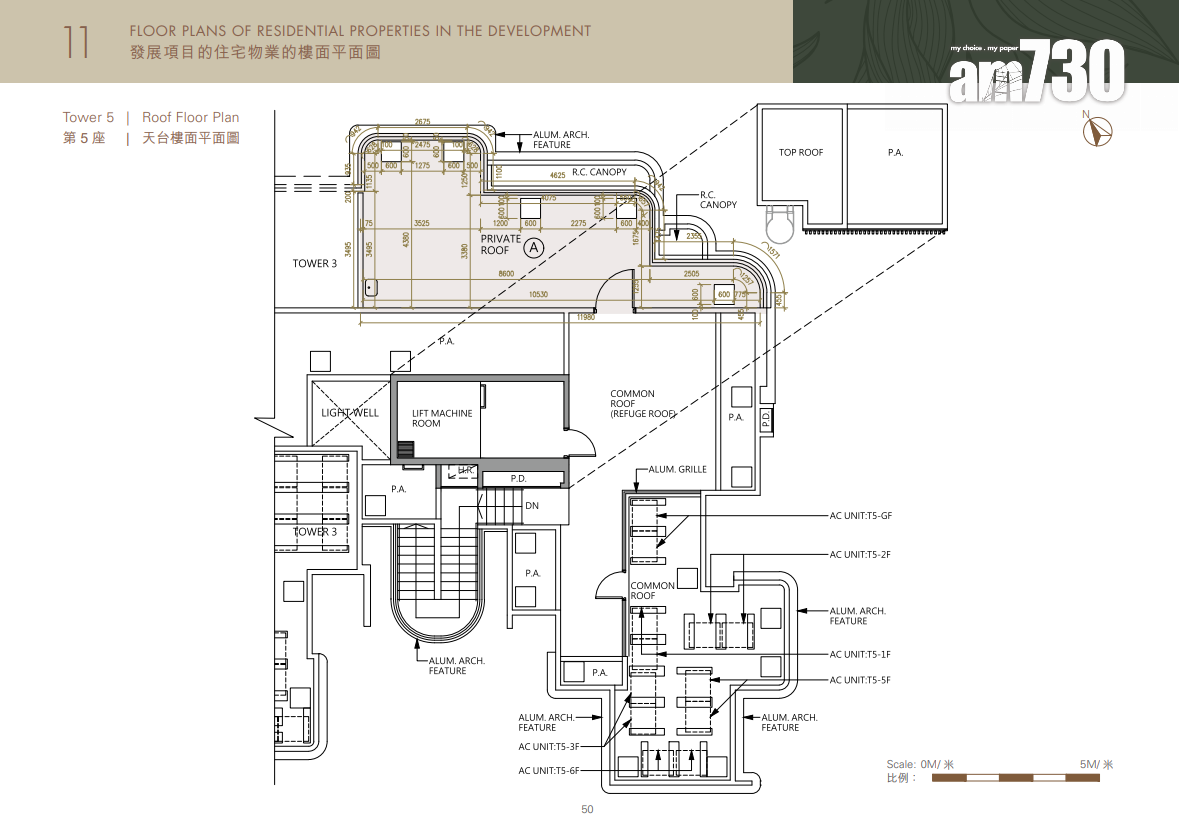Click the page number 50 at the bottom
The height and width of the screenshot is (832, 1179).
click(x=587, y=810)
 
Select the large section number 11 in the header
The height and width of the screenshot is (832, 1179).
click(x=76, y=41)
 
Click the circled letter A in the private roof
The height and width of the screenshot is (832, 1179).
click(x=534, y=245)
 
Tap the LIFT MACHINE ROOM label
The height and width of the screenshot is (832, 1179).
click(x=442, y=418)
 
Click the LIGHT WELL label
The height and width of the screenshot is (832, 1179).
click(x=350, y=412)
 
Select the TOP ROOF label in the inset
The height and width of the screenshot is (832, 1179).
click(x=801, y=152)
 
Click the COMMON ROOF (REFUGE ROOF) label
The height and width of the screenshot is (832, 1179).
click(x=643, y=404)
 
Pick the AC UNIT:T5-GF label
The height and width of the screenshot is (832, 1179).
click(x=860, y=516)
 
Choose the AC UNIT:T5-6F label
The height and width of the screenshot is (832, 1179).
click(x=549, y=771)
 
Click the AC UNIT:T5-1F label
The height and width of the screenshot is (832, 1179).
click(x=860, y=654)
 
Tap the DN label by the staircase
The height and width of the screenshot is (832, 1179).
click(x=532, y=506)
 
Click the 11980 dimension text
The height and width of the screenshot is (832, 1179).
click(x=584, y=317)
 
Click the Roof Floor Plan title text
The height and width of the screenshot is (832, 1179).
click(x=190, y=117)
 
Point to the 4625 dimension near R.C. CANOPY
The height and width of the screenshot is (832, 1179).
click(x=558, y=175)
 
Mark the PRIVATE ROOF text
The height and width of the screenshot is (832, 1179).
click(x=501, y=245)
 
